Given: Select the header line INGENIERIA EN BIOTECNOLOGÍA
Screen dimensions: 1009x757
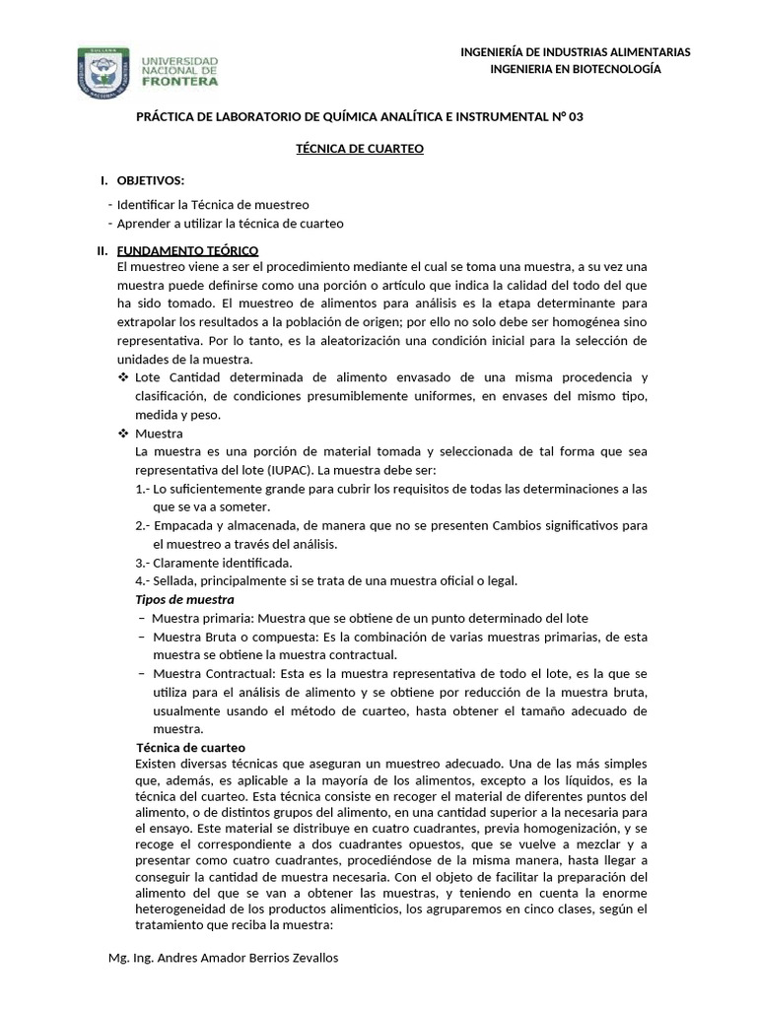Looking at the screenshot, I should click(576, 68).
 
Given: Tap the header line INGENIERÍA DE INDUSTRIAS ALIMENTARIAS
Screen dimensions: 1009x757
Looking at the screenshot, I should click(576, 51).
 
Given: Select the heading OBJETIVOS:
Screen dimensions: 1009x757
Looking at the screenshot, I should click(151, 180).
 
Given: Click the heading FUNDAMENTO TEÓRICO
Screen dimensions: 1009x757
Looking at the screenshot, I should click(187, 250).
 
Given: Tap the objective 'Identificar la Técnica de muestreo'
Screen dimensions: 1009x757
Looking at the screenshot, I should click(213, 204).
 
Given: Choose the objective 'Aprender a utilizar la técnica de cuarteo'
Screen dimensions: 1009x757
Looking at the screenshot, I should click(230, 224).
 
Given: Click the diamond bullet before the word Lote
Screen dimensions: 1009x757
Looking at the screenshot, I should click(123, 378).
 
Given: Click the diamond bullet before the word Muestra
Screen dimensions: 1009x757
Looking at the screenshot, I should click(123, 434).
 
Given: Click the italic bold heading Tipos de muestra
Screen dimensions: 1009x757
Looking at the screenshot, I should click(184, 599).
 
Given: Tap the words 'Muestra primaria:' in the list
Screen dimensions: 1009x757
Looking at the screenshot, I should click(201, 618).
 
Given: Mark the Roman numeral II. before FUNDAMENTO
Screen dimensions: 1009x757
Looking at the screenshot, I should click(102, 250).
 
